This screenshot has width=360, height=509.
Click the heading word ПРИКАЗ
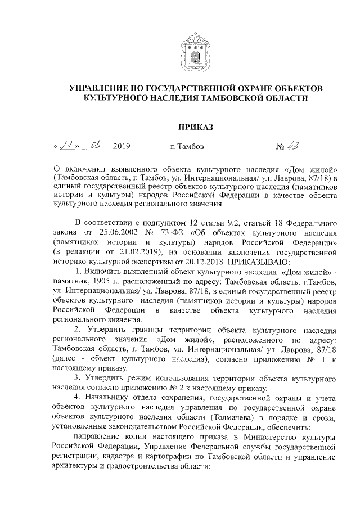tap(195, 127)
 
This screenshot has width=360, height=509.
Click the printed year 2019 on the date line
tap(121, 148)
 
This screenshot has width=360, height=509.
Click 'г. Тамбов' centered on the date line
tap(187, 148)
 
